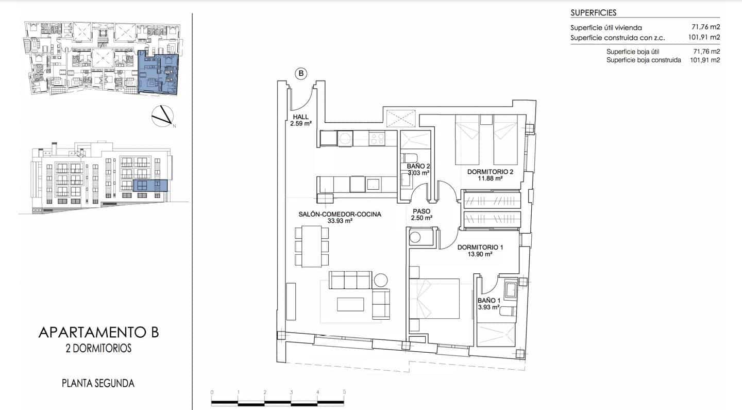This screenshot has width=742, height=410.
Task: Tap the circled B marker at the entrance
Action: click(301, 74)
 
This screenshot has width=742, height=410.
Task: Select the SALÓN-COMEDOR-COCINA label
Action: click(340, 214)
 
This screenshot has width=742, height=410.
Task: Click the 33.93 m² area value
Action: click(340, 221)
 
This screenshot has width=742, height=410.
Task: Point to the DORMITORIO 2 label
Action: click(490, 172)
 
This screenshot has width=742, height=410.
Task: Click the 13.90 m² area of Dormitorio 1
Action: click(481, 254)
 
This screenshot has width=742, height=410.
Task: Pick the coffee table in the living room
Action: click(351, 304)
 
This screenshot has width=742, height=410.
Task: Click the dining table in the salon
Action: click(312, 246)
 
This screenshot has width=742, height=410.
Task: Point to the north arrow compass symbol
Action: click(163, 116)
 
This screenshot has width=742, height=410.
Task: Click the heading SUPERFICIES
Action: click(593, 13)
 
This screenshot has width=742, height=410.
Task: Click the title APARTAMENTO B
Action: click(98, 333)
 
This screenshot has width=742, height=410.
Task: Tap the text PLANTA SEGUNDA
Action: click(98, 383)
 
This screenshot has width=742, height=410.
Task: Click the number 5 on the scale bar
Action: click(344, 392)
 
